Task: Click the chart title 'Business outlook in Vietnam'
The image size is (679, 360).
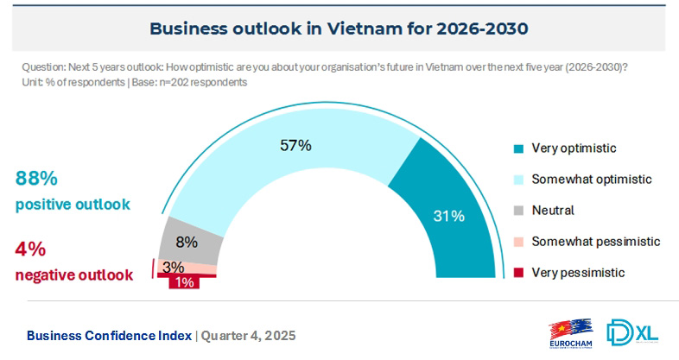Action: point(339,28)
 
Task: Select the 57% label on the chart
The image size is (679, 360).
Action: point(295,145)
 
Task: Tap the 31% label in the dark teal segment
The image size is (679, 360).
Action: point(449,216)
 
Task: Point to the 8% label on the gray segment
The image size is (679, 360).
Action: point(187,242)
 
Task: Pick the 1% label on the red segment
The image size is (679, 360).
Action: point(183,282)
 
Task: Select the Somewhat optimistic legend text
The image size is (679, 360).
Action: point(591,179)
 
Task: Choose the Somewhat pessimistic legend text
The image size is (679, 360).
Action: point(596,241)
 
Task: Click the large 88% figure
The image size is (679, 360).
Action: point(36,179)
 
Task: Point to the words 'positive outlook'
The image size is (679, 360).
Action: point(73,205)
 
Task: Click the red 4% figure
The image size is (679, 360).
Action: point(30,249)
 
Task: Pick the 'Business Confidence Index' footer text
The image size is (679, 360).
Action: point(109,335)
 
